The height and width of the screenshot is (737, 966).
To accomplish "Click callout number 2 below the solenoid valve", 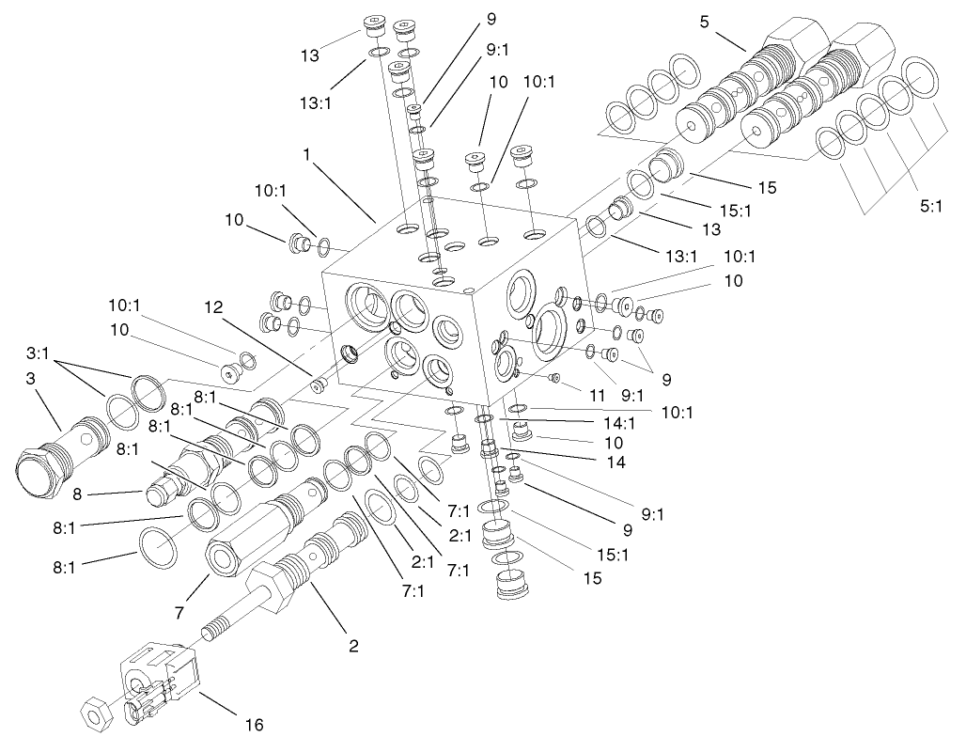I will [353, 646].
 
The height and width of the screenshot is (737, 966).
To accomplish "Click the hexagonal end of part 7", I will [225, 557].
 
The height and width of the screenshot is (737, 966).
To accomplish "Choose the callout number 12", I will [213, 306].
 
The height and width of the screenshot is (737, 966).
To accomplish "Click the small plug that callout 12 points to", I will [319, 384].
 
